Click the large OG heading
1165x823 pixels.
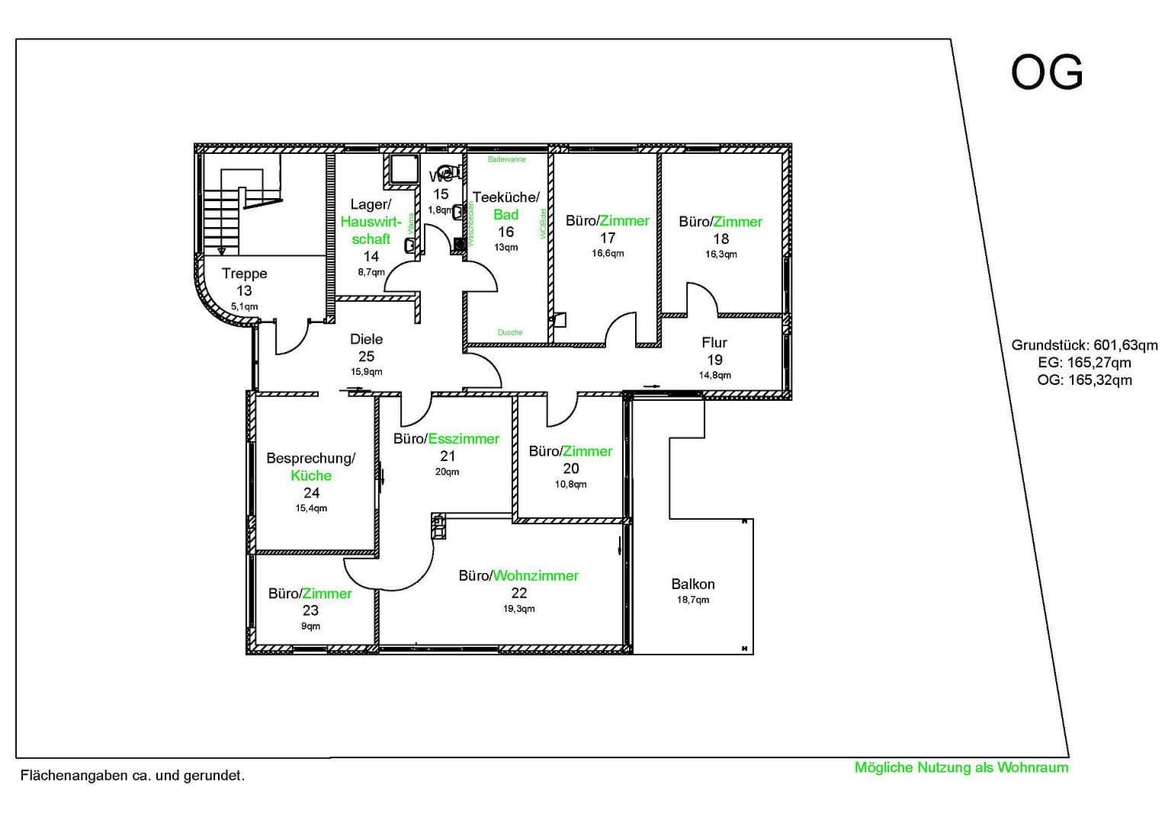click(1046, 73)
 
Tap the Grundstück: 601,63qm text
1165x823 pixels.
click(1084, 345)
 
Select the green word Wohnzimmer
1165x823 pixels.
click(536, 576)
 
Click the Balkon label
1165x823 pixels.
click(693, 584)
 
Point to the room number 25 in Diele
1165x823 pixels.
click(366, 356)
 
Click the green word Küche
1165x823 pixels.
click(311, 476)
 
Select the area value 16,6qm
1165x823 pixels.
click(608, 254)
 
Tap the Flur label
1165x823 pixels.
click(714, 343)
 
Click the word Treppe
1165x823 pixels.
click(244, 274)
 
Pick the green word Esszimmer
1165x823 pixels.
click(464, 439)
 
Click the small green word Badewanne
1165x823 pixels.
click(507, 160)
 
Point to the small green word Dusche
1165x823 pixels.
click(510, 332)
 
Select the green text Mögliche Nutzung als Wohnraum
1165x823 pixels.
click(961, 767)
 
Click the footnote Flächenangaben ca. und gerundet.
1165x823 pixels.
click(133, 776)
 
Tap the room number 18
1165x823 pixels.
click(721, 239)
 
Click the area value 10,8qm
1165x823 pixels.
click(570, 485)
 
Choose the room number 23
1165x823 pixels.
click(310, 610)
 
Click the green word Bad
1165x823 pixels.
click(505, 214)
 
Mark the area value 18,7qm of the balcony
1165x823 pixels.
click(693, 600)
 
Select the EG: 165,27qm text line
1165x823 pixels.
click(1084, 363)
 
